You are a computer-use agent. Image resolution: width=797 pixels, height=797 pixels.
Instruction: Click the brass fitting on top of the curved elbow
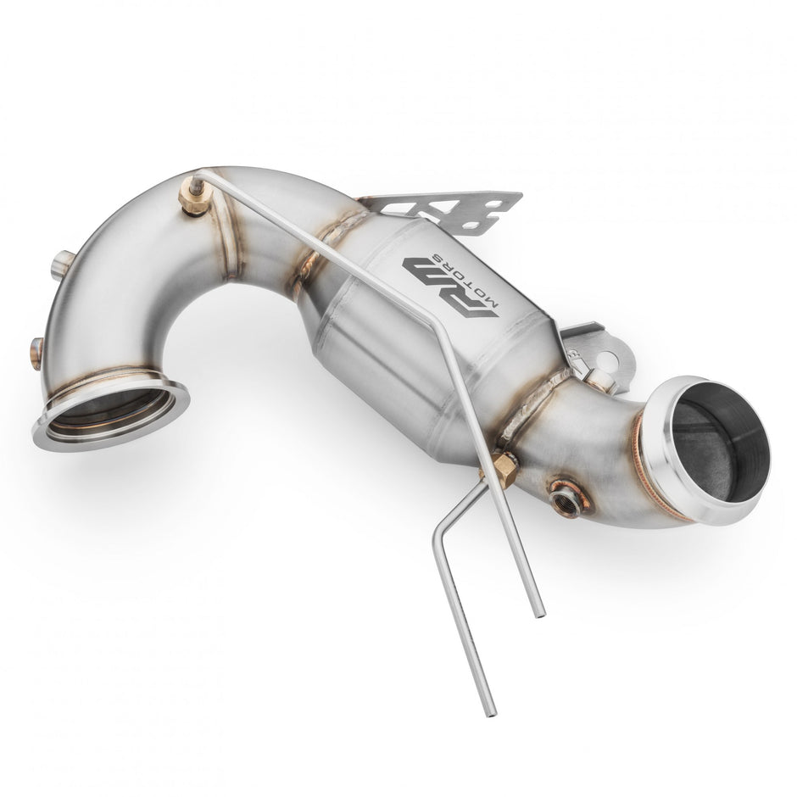(x=192, y=197)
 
